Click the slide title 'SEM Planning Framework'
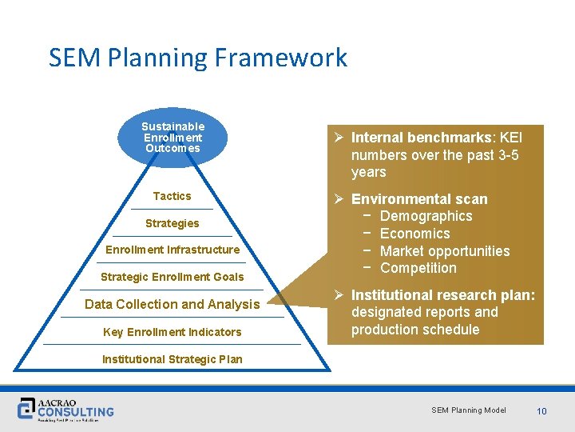point(198,58)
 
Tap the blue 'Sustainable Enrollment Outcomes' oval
point(172,137)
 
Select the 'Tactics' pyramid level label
point(172,196)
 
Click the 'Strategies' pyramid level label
point(172,223)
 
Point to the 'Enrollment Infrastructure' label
point(172,250)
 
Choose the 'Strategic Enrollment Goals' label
point(172,277)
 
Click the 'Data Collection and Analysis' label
point(172,304)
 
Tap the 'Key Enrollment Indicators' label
point(172,332)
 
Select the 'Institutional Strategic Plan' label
point(172,359)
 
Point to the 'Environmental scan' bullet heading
point(419,199)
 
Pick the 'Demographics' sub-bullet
point(426,216)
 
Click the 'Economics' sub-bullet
point(415,234)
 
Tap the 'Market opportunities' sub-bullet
point(445,251)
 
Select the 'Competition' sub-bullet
point(418,268)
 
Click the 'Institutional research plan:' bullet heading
point(443,295)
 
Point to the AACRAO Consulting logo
point(66,409)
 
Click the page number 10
point(541,411)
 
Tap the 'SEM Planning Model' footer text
point(469,410)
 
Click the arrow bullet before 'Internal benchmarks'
point(340,138)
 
